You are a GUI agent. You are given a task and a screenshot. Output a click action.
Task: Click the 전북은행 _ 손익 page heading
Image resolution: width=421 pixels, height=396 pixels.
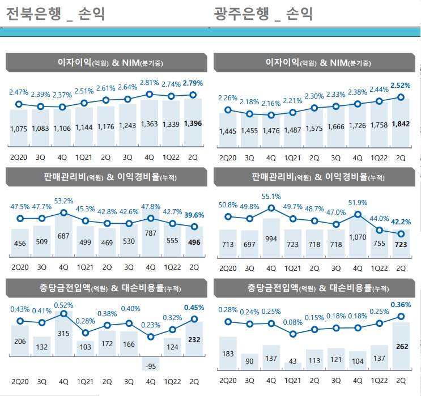pos(55,13)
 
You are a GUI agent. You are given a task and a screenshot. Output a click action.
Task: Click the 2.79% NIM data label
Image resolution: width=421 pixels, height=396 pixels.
pos(193,83)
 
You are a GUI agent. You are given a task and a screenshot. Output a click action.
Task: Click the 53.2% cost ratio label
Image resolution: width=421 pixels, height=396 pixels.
pos(63,201)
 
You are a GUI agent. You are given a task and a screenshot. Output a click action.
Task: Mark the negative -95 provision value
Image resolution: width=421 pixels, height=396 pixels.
pos(150,366)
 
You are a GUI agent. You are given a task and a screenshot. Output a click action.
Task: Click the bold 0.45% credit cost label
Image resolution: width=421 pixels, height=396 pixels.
pos(193,308)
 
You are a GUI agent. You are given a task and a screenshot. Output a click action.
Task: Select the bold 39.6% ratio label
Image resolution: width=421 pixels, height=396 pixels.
pos(193,215)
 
